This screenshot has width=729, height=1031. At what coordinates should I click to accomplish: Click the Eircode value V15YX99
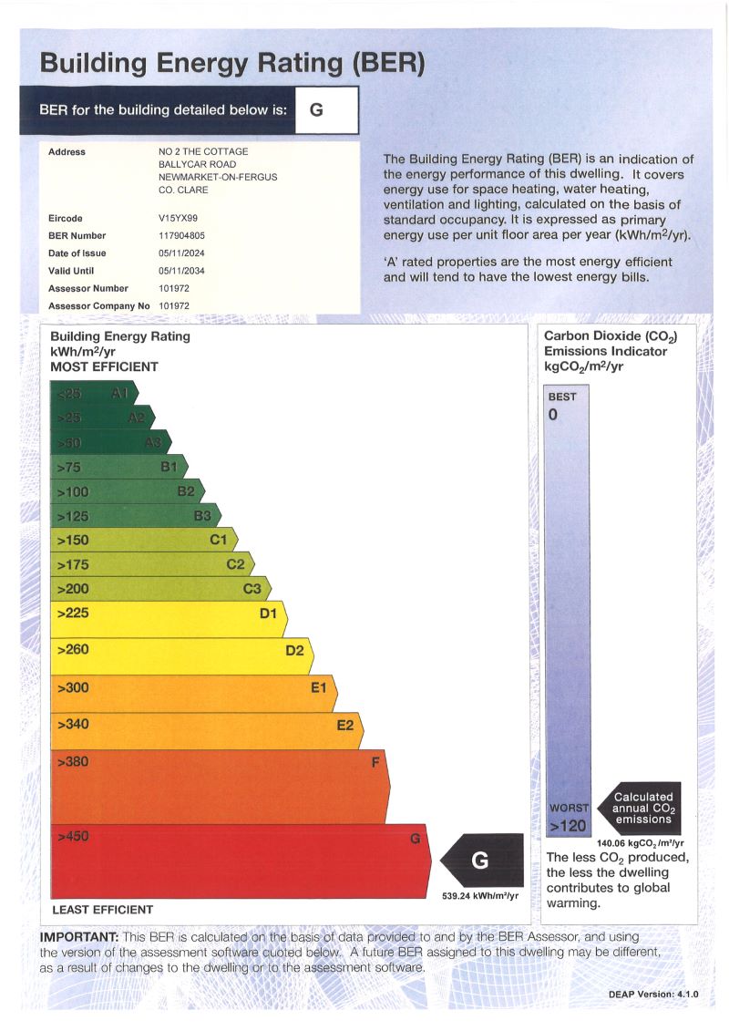[x=178, y=219]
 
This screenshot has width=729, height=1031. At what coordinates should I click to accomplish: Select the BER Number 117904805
[x=182, y=236]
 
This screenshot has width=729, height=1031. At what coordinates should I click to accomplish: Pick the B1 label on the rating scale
[x=169, y=467]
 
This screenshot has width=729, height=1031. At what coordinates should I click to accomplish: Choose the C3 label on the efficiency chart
[x=252, y=589]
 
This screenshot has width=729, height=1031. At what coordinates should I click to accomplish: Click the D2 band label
[x=294, y=651]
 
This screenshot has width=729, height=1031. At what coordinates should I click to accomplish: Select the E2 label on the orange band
[x=345, y=726]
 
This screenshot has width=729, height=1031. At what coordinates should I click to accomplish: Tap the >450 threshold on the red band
[x=73, y=836]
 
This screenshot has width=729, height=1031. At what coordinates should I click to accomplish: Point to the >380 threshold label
[x=73, y=761]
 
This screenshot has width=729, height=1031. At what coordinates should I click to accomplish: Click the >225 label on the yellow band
[x=73, y=613]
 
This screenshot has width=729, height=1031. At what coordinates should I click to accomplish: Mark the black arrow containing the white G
[x=483, y=860]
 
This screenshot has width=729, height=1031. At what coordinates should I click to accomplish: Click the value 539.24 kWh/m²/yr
[x=480, y=896]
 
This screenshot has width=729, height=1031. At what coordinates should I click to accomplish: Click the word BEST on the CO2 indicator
[x=562, y=397]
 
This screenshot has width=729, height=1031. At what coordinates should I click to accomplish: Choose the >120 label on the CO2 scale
[x=568, y=826]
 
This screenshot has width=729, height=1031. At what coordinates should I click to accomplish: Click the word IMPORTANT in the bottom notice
[x=79, y=937]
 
